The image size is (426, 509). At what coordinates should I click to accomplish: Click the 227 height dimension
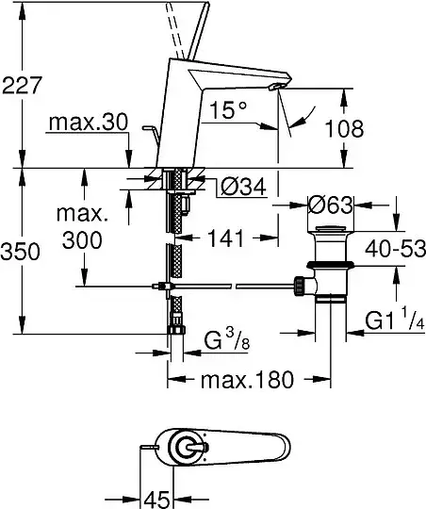22,85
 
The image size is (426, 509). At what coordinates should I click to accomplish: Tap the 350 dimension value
20,252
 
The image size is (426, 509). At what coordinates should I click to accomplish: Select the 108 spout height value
344,128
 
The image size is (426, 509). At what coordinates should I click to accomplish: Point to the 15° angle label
229,109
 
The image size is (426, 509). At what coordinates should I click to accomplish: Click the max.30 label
89,123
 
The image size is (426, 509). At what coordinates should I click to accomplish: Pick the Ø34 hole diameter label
243,187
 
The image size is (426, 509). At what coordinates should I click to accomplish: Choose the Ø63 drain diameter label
330,205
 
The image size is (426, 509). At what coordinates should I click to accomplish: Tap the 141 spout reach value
226,238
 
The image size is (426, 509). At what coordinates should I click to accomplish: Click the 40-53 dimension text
395,249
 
